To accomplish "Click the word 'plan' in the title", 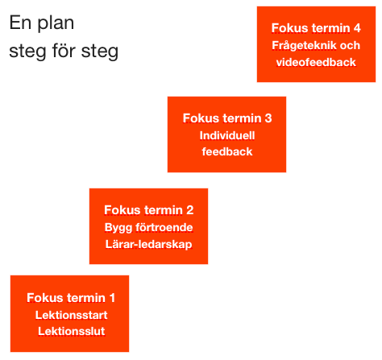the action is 56,24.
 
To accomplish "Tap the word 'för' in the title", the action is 64,50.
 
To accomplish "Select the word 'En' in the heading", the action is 20,23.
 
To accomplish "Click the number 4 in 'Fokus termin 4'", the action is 357,28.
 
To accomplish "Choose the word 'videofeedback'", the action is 316,62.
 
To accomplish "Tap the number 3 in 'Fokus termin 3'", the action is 268,118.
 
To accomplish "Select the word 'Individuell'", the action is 227,135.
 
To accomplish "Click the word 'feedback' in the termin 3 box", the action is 227,151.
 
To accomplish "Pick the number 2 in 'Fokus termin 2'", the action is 190,210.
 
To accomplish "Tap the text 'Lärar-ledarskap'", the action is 148,244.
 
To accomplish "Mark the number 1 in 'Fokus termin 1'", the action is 112,298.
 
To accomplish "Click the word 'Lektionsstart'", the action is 71,315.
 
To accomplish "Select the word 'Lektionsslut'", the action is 71,331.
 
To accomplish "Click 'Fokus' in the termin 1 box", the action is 45,298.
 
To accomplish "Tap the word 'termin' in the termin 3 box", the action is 242,118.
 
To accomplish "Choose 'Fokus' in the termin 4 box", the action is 289,28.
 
